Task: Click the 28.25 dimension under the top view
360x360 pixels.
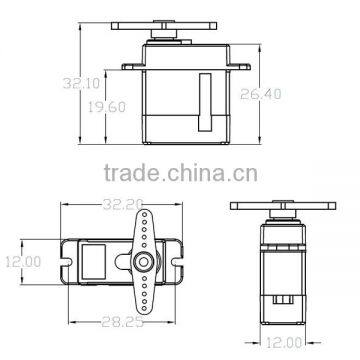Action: pos(128,323)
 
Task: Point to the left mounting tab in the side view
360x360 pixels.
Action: pos(131,66)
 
